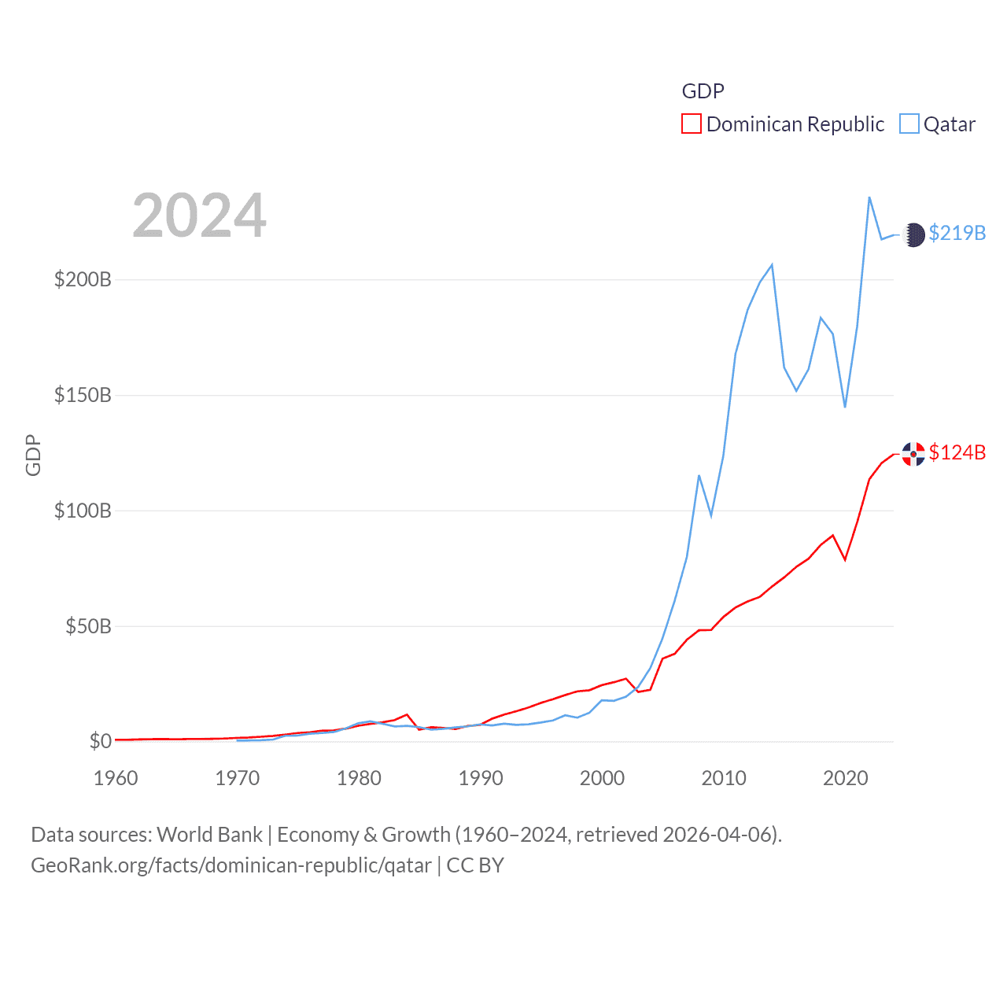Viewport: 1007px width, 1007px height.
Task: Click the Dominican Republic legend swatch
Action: pyautogui.click(x=691, y=124)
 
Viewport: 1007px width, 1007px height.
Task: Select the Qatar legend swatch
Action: pyautogui.click(x=909, y=124)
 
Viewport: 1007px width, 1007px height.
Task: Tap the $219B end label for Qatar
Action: pyautogui.click(x=957, y=234)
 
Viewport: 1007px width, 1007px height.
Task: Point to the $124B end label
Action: pyautogui.click(x=957, y=453)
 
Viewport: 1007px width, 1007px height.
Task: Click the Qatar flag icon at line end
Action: pyautogui.click(x=913, y=234)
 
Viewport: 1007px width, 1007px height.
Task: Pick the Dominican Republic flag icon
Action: pyautogui.click(x=913, y=454)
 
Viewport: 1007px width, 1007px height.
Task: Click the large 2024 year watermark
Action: pyautogui.click(x=199, y=216)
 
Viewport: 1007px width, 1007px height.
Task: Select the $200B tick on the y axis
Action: pyautogui.click(x=83, y=280)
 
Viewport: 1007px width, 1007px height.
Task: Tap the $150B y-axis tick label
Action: pyautogui.click(x=83, y=396)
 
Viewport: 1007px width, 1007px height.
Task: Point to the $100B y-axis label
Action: pyautogui.click(x=83, y=511)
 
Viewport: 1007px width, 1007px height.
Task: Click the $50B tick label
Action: pyautogui.click(x=88, y=627)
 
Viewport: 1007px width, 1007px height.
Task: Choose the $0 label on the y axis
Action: pyautogui.click(x=100, y=742)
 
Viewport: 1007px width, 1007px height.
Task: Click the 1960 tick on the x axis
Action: pyautogui.click(x=116, y=779)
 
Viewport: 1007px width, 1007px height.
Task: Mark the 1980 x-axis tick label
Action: pyautogui.click(x=359, y=779)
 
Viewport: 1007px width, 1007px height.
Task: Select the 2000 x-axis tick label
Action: pyautogui.click(x=602, y=779)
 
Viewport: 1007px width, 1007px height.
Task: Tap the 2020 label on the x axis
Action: pyautogui.click(x=845, y=779)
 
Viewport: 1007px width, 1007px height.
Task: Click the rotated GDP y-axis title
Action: pyautogui.click(x=33, y=455)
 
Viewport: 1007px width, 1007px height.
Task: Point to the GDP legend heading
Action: pyautogui.click(x=703, y=91)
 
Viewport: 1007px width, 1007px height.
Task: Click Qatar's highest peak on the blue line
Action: pyautogui.click(x=869, y=197)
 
